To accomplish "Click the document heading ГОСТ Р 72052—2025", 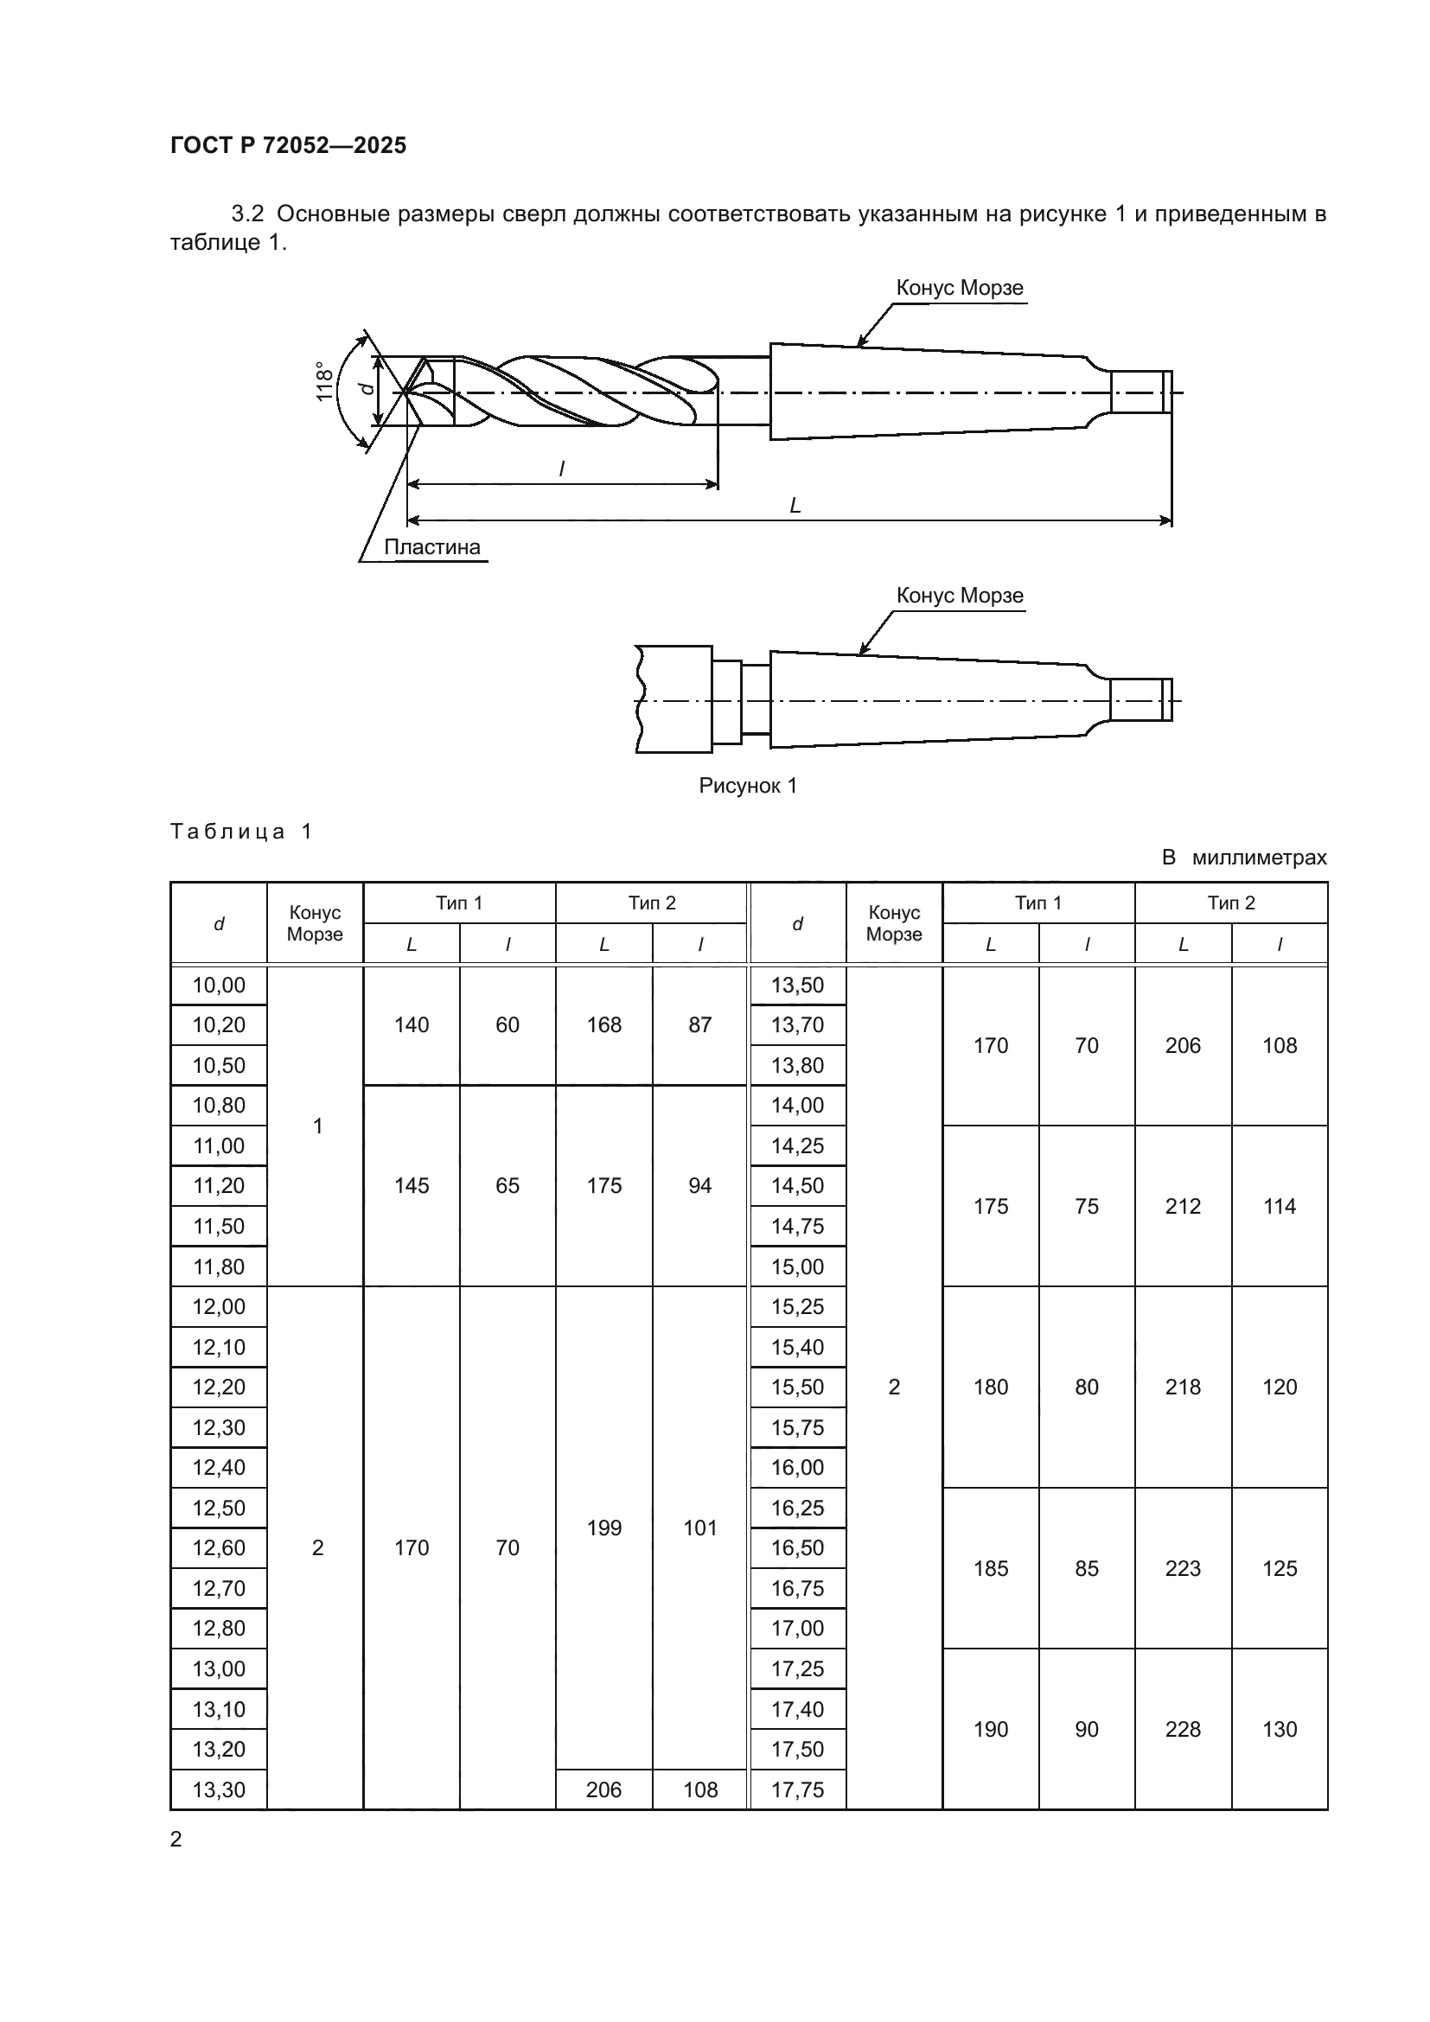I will [x=288, y=145].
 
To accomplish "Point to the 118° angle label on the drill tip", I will [x=325, y=381].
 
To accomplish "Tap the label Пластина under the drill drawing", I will [x=431, y=547].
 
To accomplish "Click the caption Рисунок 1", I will [x=748, y=786].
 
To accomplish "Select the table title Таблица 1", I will [x=240, y=832].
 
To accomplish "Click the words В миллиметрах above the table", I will [x=1243, y=858].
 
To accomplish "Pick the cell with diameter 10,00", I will [x=219, y=985].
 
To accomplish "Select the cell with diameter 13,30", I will [x=219, y=1789].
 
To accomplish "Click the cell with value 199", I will [x=604, y=1528].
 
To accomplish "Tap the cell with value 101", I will [x=700, y=1528].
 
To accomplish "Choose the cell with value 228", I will [x=1183, y=1729].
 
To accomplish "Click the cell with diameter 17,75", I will [x=798, y=1789].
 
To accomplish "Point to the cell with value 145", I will [x=412, y=1185].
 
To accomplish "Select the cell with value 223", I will [x=1183, y=1568].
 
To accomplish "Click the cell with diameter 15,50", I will [x=798, y=1387].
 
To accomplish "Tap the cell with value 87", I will [x=700, y=1025].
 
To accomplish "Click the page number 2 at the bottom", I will [x=176, y=1839].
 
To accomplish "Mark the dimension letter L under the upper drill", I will [x=795, y=506].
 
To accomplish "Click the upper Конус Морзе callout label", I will [x=959, y=288].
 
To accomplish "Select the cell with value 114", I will [x=1279, y=1207].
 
